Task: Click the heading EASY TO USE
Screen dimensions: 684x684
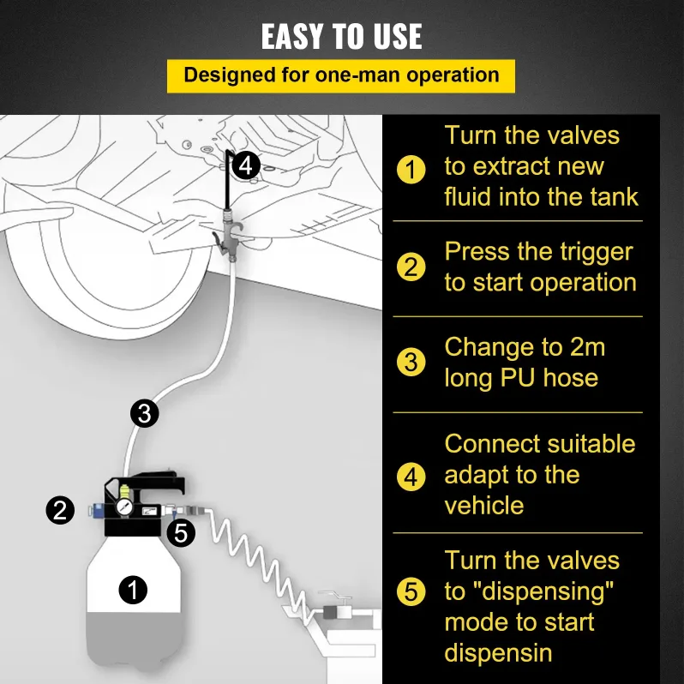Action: coord(341,36)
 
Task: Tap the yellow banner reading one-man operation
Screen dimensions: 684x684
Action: coord(340,76)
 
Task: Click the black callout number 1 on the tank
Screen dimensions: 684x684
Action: coord(133,591)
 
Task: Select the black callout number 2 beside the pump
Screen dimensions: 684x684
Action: coord(60,510)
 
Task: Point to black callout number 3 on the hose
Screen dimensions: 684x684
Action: coord(144,413)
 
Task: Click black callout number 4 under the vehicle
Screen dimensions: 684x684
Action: coord(246,165)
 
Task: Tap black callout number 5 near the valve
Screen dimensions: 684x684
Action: coord(181,532)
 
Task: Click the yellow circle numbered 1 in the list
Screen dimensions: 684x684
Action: coord(411,169)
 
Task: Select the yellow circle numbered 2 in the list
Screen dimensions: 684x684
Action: coord(411,267)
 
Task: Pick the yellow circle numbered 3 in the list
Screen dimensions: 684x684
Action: coord(411,362)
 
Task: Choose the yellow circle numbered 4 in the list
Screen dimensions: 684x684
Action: coord(411,477)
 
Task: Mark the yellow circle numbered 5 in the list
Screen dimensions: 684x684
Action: coord(411,592)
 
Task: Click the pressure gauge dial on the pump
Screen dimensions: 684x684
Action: coord(124,507)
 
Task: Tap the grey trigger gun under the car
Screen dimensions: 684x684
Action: coord(228,236)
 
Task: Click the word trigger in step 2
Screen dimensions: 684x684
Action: coord(574,253)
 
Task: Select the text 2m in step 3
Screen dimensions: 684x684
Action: coord(587,347)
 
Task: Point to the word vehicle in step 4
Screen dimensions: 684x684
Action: coord(484,506)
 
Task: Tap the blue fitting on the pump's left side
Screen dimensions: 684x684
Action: coord(95,510)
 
